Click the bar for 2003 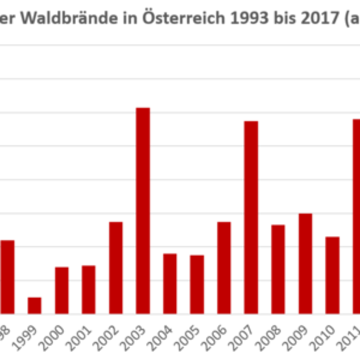[143, 210]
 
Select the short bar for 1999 [35, 305]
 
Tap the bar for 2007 [251, 217]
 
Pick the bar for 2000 [62, 290]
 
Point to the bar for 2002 [116, 267]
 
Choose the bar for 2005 [197, 284]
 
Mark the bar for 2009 [305, 263]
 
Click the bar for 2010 [332, 274]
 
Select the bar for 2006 [224, 267]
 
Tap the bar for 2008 [278, 269]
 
